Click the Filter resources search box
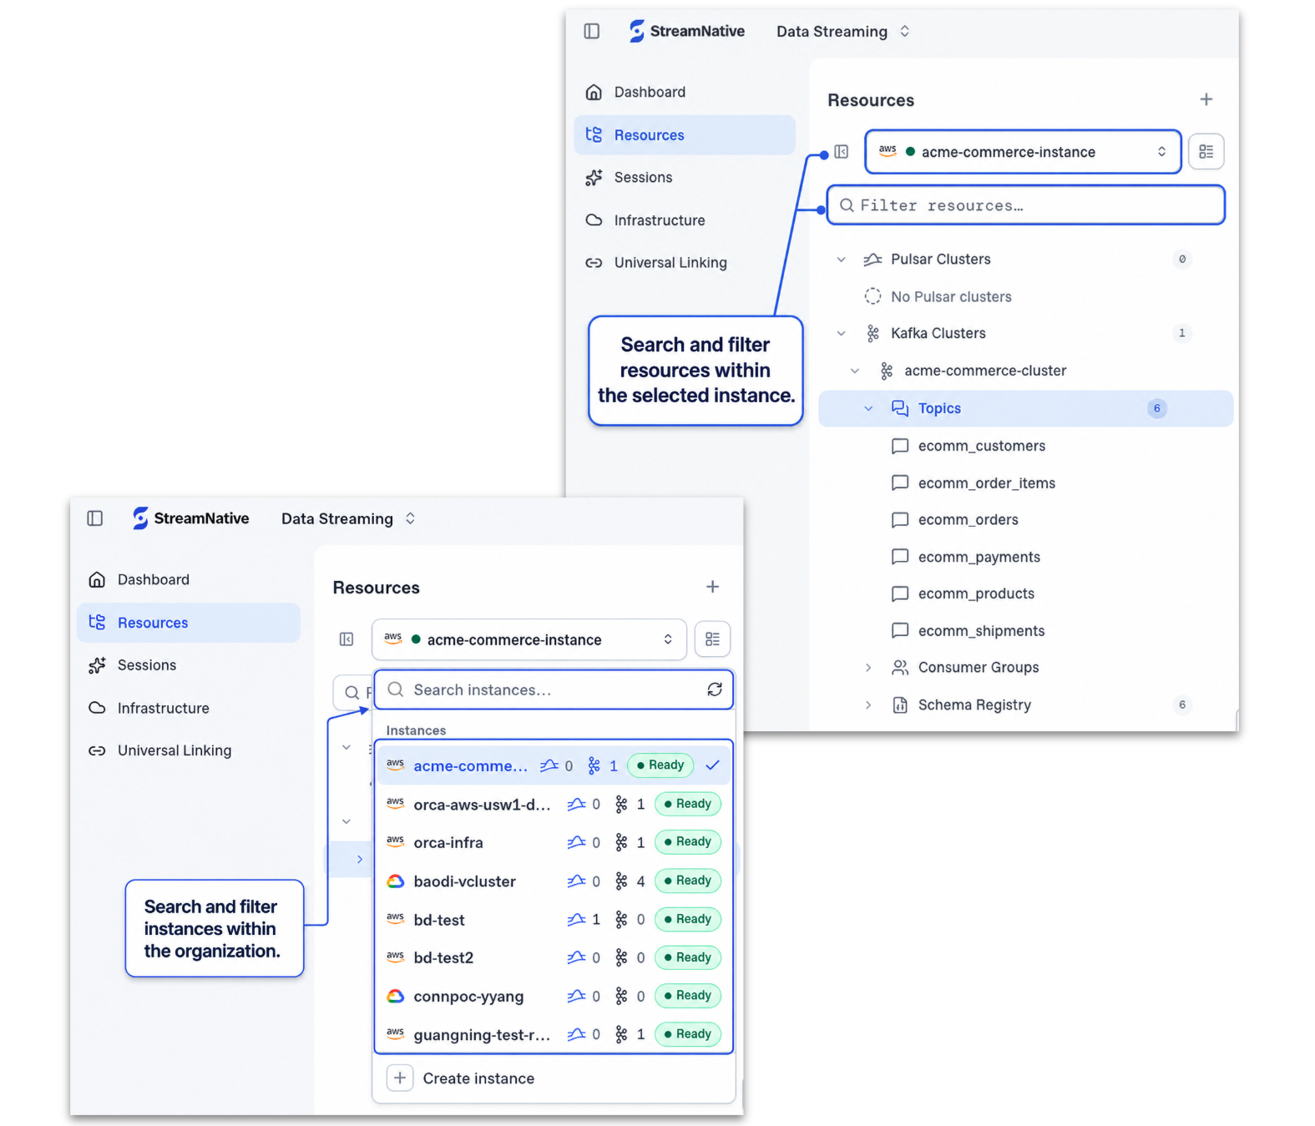pos(1025,204)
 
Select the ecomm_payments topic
pos(979,557)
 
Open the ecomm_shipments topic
pos(981,630)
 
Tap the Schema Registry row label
pos(974,704)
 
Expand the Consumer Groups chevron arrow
pos(868,667)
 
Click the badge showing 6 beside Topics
pos(1156,408)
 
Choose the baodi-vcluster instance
pos(464,881)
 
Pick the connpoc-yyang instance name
pos(468,997)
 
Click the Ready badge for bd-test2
pos(688,957)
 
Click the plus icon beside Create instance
pos(400,1078)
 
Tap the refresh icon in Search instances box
pos(715,689)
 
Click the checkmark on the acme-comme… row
pos(712,765)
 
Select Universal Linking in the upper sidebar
pos(670,263)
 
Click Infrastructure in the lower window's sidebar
pos(163,708)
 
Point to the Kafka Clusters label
pos(938,333)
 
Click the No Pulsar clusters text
pos(950,296)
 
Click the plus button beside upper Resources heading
pos(1206,99)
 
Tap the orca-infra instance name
pos(448,843)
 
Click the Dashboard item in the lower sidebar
pos(154,579)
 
